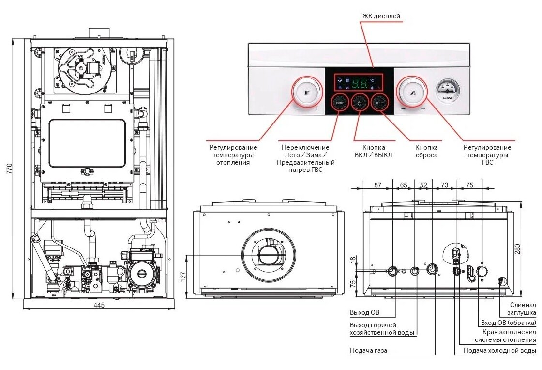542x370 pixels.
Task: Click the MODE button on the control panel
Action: click(340, 103)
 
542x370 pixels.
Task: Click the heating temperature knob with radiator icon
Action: click(306, 92)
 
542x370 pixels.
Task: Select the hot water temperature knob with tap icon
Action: click(412, 92)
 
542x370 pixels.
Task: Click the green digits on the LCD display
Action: click(360, 83)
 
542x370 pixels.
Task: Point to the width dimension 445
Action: click(99, 305)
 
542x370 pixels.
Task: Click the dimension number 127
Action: click(184, 277)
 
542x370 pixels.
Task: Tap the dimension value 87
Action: click(378, 185)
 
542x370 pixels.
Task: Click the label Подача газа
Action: click(368, 350)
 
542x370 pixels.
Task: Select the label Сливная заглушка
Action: click(523, 309)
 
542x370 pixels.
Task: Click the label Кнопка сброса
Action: click(426, 151)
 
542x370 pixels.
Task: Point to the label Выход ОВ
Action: click(365, 312)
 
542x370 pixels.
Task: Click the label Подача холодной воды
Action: click(499, 350)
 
